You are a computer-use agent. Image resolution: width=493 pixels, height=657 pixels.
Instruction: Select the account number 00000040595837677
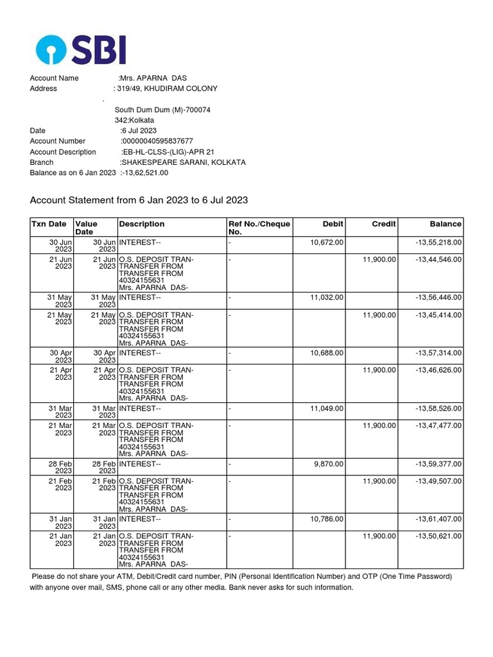coord(157,141)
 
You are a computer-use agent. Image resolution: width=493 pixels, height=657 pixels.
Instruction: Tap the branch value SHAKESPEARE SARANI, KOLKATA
coord(183,162)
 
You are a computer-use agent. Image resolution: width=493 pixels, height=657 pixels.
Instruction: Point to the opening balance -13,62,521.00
coord(144,173)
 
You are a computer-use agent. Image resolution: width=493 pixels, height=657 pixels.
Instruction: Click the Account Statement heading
coord(139,200)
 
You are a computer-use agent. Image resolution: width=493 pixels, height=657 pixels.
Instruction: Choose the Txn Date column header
coord(49,224)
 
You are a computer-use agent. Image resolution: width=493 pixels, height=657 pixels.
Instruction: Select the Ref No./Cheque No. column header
coord(259,228)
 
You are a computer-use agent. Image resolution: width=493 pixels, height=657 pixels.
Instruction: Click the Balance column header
coord(445,224)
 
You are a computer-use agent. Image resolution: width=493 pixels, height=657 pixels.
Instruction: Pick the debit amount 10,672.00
coord(327,242)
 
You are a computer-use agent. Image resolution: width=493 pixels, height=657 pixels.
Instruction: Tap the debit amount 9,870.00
coord(329,464)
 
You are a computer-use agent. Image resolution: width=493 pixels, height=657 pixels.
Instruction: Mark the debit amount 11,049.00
coord(327,409)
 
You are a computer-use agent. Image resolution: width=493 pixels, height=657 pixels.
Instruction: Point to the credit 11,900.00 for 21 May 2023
coord(379,315)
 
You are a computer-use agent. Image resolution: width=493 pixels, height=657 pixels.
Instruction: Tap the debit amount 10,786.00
coord(327,519)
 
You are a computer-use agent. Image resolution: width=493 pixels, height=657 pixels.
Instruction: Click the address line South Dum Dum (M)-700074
coord(162,110)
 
